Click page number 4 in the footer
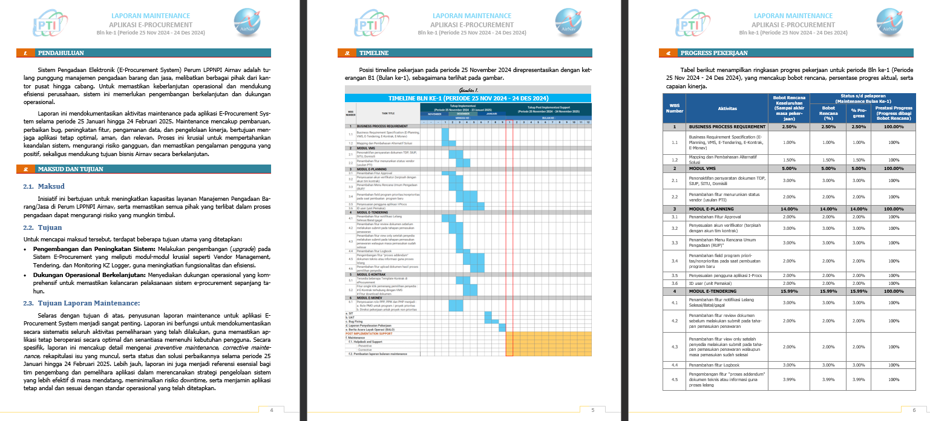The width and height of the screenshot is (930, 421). (x=271, y=411)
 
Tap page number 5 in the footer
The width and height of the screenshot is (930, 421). (x=592, y=411)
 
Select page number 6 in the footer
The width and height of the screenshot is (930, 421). (x=914, y=411)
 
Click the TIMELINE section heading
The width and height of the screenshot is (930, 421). (x=373, y=53)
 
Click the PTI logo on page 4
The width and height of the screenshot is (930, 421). (x=45, y=24)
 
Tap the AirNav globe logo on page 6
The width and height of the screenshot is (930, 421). (x=890, y=22)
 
